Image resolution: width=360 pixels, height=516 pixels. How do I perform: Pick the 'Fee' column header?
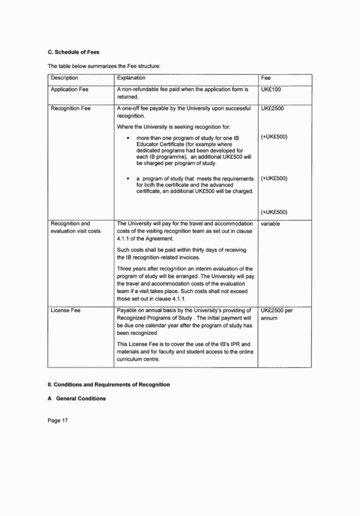266,78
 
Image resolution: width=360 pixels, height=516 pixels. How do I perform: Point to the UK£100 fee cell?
271,90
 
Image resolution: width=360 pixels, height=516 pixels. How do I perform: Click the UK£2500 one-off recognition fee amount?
274,109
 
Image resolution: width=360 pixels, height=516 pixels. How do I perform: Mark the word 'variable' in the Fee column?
270,225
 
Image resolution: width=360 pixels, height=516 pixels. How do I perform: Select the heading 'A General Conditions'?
77,398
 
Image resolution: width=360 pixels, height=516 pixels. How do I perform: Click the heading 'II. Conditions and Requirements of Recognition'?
109,385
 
